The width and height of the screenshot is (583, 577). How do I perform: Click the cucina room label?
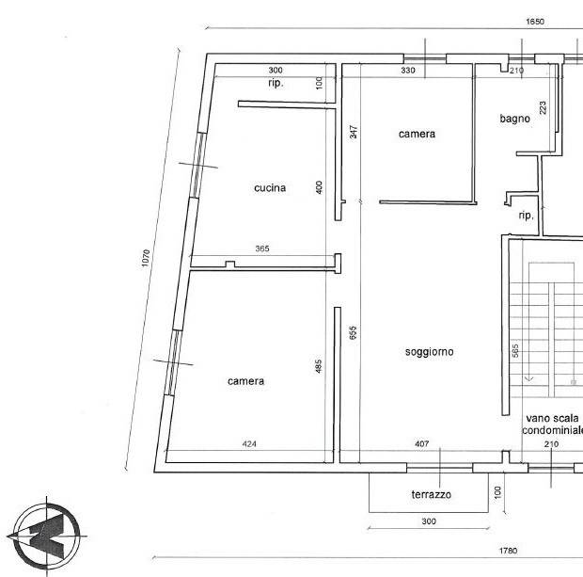(x=270, y=188)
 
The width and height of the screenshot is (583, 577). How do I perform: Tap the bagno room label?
(x=514, y=119)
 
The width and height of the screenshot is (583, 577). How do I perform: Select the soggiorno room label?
(x=429, y=352)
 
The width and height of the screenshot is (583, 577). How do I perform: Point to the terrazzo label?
(x=432, y=494)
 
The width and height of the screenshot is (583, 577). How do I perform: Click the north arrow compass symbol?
(x=47, y=536)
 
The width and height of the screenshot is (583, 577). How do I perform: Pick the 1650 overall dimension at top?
(x=535, y=22)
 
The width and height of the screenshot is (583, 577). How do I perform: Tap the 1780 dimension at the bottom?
(x=509, y=551)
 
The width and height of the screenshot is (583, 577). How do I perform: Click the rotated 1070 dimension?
(x=146, y=258)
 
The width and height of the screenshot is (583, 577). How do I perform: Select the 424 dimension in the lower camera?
(x=249, y=443)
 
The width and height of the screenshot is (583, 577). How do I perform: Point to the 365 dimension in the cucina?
(x=262, y=248)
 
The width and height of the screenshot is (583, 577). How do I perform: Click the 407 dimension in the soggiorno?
(x=421, y=443)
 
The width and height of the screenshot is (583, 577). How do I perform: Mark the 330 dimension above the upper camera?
(x=408, y=70)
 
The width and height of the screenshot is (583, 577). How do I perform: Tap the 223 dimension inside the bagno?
(x=543, y=107)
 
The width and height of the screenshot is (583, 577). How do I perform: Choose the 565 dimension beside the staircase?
(x=515, y=351)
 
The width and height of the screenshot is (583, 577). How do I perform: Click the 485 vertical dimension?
(x=318, y=366)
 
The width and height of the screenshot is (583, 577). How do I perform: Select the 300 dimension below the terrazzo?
(x=429, y=521)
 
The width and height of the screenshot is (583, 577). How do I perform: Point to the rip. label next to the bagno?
(x=527, y=216)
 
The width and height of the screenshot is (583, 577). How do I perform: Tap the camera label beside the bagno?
(x=417, y=134)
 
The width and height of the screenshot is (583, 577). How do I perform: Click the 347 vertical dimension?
(x=354, y=132)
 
